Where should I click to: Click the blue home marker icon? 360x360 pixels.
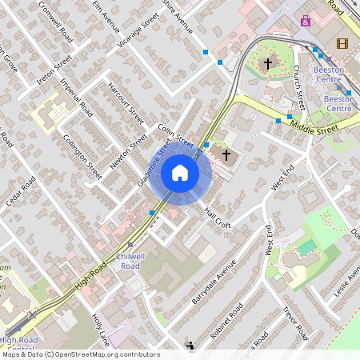pos(179,172)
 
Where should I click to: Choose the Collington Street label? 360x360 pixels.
pos(83,154)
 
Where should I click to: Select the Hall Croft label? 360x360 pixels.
pos(217,217)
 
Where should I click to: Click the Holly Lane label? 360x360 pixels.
pos(99,329)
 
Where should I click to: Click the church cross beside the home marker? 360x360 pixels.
pos(226,154)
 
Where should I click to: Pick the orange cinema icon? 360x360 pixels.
pos(342,43)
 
